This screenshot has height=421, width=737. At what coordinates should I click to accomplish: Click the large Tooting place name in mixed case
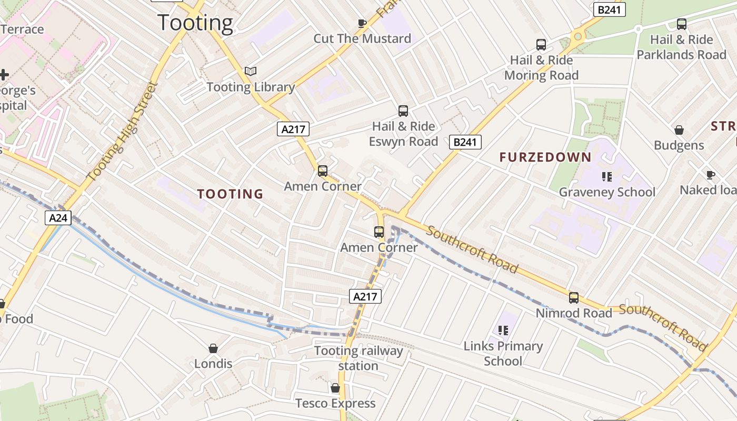coord(195,23)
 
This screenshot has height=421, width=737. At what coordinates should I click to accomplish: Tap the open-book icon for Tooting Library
coord(251,72)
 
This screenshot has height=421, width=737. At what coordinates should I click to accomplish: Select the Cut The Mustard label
coord(362,38)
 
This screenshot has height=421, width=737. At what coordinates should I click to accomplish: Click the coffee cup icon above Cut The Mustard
coord(362,23)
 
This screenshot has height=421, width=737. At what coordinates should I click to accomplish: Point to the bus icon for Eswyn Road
coord(403,111)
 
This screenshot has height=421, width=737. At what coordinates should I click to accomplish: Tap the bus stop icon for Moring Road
coord(541,45)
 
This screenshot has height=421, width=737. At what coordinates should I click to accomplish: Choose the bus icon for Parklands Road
coord(682,24)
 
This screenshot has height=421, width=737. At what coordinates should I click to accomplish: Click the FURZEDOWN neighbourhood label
coord(545,157)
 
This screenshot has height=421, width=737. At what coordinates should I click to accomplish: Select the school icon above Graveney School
coord(607,176)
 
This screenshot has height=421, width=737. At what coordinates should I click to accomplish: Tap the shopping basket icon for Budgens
coord(679,130)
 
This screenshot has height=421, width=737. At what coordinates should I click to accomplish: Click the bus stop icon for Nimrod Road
coord(574,298)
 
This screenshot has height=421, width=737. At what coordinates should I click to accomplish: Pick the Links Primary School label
coord(503,353)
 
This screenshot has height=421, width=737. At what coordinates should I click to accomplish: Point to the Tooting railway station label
coord(358,358)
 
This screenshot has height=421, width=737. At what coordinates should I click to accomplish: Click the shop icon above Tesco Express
coord(335,388)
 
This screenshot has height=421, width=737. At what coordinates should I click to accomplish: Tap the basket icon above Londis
coord(213,348)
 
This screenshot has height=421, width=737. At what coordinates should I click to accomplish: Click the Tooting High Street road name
coord(122,132)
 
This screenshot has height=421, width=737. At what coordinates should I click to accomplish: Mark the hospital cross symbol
coord(4,75)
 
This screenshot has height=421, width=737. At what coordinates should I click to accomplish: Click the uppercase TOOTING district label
coord(230,194)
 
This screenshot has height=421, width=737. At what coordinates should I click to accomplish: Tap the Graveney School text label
coord(607,192)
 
